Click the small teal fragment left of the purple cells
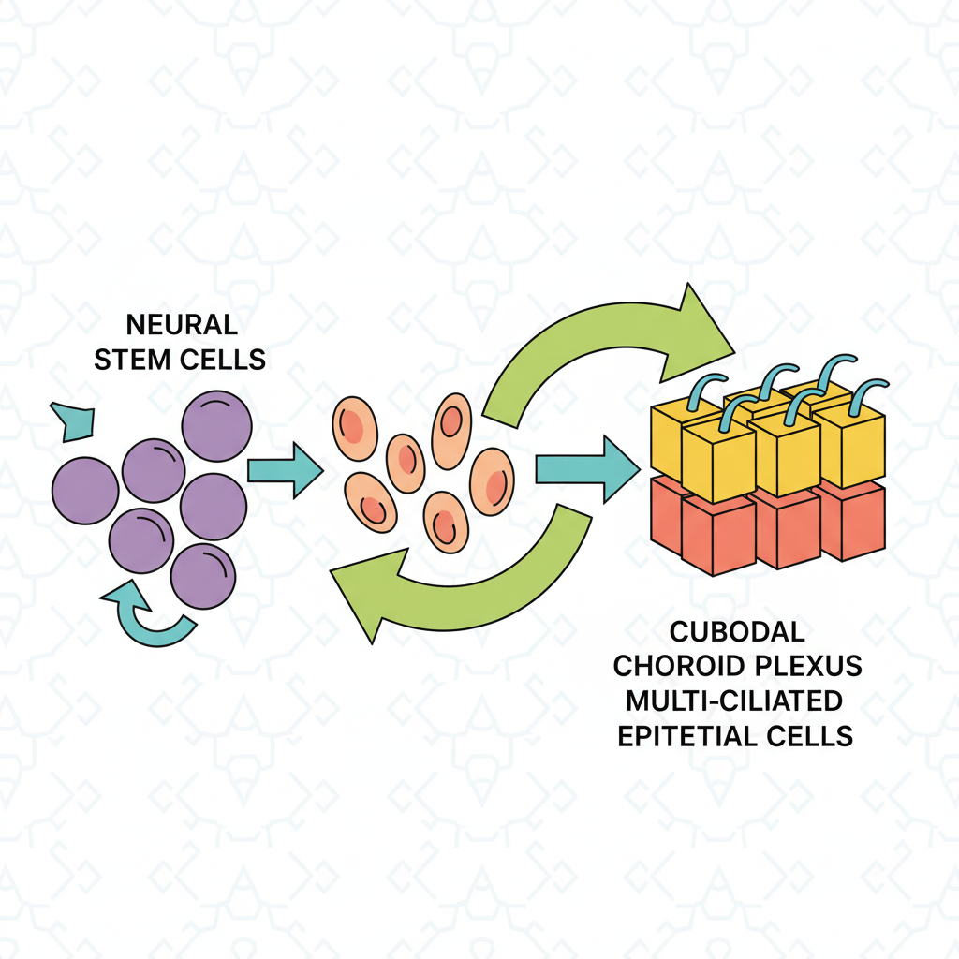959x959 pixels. [x=73, y=419]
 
